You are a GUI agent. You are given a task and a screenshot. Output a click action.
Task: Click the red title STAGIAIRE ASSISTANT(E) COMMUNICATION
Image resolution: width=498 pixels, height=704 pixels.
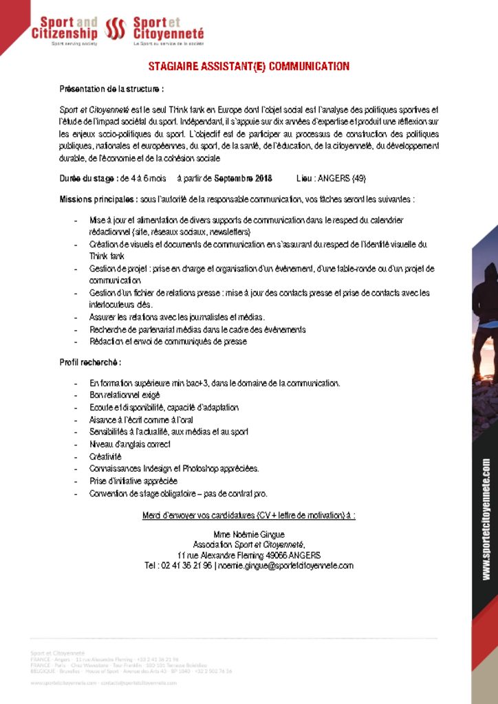tap(249, 67)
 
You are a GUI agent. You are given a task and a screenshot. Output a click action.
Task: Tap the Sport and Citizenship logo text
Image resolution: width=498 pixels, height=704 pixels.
tap(65, 28)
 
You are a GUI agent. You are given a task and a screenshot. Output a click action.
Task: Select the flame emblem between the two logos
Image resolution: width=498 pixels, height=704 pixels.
tap(115, 30)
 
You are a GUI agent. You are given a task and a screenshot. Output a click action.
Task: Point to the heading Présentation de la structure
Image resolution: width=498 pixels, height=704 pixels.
tap(111, 89)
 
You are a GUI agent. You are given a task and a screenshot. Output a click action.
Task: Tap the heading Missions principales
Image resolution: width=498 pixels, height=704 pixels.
tap(98, 199)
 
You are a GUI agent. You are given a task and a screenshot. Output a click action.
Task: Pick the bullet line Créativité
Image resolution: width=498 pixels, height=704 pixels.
tap(105, 456)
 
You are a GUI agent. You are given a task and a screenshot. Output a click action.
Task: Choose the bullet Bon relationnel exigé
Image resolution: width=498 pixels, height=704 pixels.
tap(124, 395)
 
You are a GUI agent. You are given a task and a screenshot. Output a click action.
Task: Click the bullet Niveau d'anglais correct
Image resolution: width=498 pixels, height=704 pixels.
tap(129, 444)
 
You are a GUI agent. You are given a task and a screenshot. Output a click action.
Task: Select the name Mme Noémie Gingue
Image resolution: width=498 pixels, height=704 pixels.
tap(249, 534)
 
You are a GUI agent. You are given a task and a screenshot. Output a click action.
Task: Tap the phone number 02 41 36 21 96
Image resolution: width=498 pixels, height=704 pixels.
tap(186, 566)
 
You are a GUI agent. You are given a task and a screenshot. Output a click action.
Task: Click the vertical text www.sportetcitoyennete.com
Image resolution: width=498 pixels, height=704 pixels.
tap(486, 520)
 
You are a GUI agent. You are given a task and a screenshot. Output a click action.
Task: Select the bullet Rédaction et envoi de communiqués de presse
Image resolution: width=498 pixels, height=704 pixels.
tap(168, 342)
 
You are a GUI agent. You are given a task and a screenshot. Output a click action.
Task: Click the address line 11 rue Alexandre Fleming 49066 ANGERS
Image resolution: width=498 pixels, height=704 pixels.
tap(249, 555)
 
